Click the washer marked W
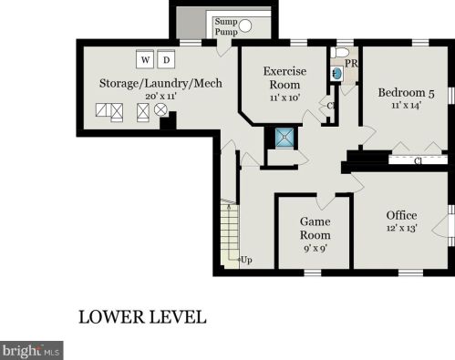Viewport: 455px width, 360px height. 145,59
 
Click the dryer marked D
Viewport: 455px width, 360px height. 166,59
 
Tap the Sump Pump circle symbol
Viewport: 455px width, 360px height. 245,26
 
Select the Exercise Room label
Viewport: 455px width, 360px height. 284,77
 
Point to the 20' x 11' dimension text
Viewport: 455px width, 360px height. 161,97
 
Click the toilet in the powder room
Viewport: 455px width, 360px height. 339,53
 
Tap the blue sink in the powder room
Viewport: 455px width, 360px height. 337,74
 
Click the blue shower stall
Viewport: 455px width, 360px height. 284,138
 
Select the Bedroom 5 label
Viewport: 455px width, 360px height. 406,93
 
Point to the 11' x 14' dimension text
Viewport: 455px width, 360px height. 406,106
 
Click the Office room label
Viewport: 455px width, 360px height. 401,215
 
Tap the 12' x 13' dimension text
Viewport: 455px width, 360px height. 401,228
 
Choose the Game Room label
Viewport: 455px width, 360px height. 315,228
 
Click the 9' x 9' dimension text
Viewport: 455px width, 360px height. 315,249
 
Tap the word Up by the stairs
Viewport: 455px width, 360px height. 246,260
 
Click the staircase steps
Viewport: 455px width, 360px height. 230,234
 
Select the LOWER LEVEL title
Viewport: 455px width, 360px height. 142,317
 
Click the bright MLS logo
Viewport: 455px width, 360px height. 32,351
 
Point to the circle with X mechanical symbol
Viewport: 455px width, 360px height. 160,109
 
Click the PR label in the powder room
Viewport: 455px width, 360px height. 351,64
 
